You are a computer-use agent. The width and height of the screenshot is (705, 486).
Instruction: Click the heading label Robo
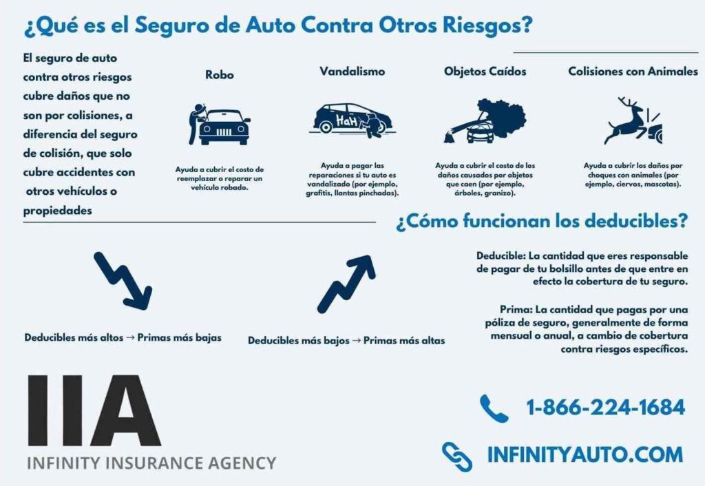pos(220,74)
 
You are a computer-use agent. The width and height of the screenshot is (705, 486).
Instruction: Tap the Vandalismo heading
pos(352,72)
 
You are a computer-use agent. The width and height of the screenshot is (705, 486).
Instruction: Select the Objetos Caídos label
pos(485,72)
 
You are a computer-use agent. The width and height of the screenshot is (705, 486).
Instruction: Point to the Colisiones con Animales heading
pos(633,72)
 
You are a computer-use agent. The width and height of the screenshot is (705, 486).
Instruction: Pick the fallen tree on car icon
pos(485,120)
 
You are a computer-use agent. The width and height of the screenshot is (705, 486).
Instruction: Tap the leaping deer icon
pos(633,120)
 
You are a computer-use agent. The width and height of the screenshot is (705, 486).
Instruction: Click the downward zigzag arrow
pos(123,281)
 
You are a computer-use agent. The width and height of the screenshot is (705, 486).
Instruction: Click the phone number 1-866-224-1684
pos(606,408)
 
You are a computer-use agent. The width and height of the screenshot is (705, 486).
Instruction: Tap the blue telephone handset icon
pos(494,408)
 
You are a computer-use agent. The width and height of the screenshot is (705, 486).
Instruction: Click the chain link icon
pos(457,457)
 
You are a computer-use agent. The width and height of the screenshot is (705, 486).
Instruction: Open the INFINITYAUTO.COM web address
pos(585,454)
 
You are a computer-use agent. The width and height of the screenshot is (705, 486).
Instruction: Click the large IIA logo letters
pos(94,410)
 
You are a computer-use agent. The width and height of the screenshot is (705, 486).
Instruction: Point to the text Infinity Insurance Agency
pos(151,463)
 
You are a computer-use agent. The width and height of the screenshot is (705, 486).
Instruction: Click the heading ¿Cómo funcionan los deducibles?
pos(542,221)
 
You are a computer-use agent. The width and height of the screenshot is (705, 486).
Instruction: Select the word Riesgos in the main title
pos(487,25)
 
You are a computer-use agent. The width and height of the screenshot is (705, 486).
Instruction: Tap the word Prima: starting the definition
pos(516,310)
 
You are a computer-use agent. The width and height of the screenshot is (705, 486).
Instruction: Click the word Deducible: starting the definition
pos(501,256)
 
